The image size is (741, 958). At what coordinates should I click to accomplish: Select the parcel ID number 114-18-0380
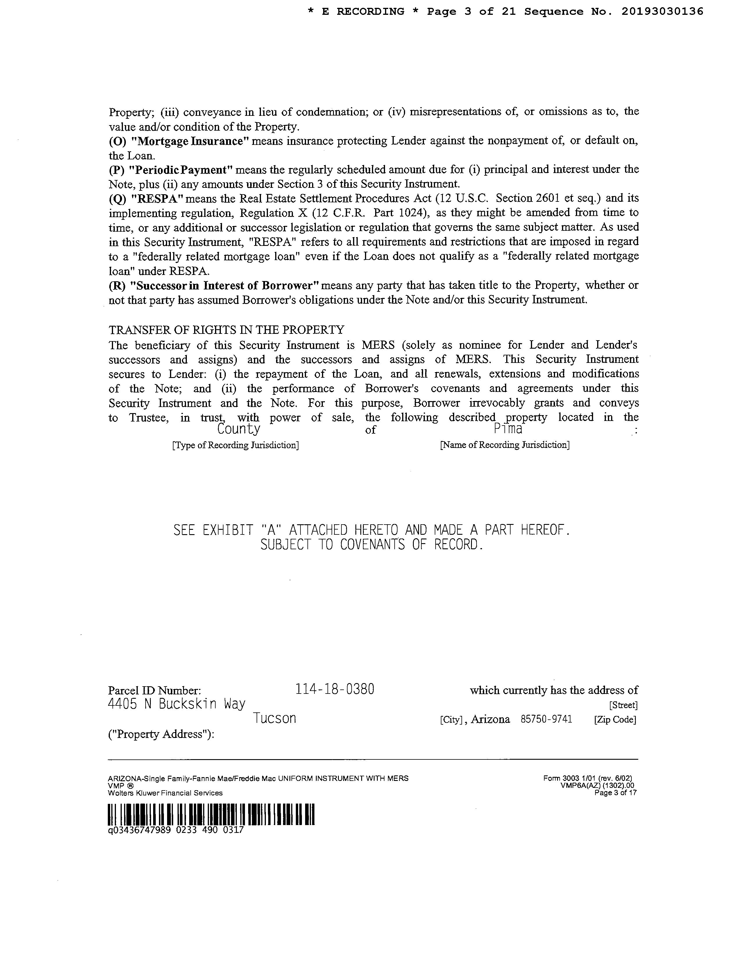(334, 689)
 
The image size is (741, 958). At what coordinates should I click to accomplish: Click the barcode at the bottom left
(211, 815)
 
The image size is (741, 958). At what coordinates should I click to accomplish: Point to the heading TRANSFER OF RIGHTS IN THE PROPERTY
(227, 329)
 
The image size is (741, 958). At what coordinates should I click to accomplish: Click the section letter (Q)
(117, 198)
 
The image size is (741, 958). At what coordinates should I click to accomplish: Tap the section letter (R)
(117, 286)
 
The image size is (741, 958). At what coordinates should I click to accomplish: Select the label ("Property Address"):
(161, 734)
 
